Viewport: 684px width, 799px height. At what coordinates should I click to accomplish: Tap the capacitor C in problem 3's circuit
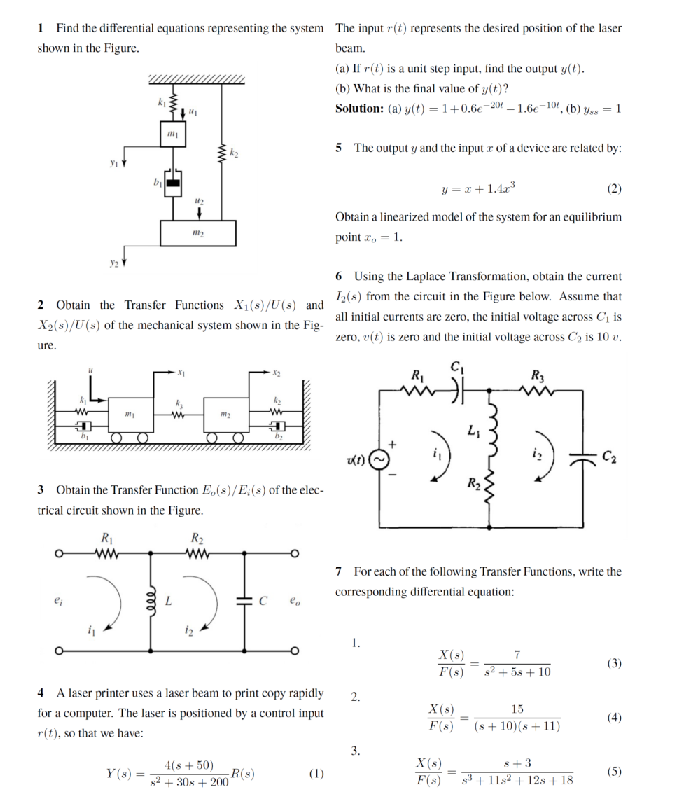coord(244,601)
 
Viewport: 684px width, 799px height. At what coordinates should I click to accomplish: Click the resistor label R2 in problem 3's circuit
coord(197,539)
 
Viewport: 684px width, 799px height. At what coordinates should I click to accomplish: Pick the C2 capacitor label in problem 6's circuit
coord(610,459)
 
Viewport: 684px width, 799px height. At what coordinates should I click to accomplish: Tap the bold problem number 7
coord(340,572)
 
